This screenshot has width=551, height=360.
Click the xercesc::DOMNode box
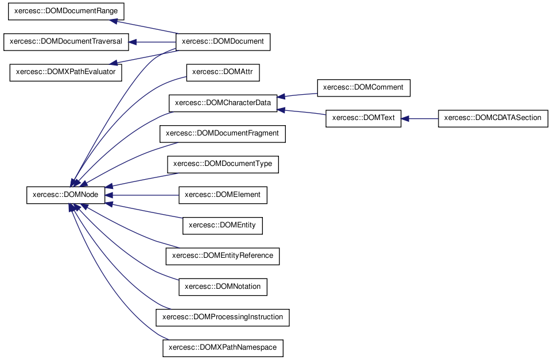click(x=65, y=195)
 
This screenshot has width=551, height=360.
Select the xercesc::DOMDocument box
click(x=223, y=42)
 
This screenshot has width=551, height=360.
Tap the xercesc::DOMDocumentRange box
click(x=66, y=11)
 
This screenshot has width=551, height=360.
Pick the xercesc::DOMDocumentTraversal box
click(x=66, y=42)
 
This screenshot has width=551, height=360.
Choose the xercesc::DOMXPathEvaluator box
click(x=65, y=72)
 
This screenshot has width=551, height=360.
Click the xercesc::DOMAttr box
click(x=223, y=72)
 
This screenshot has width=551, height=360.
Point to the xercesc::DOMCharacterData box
click(x=223, y=103)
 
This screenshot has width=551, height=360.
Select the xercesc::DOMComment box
click(x=363, y=88)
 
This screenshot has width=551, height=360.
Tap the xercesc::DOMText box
click(x=363, y=118)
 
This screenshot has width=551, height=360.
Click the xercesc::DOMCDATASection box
click(x=493, y=118)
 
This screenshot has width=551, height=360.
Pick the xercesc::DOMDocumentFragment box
click(x=223, y=134)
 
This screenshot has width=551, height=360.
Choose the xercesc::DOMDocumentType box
click(x=223, y=165)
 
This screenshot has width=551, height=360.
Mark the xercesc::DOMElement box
click(x=223, y=195)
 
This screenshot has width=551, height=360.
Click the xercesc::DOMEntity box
click(x=223, y=226)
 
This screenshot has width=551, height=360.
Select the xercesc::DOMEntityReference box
click(x=223, y=256)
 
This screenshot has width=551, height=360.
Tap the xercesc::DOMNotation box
click(x=223, y=287)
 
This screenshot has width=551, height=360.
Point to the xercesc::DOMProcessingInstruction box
click(x=223, y=318)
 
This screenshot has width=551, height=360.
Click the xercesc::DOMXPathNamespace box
click(x=223, y=348)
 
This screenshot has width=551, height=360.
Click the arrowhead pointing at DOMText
click(x=405, y=119)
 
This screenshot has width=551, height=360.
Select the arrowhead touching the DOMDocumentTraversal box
click(x=133, y=42)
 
